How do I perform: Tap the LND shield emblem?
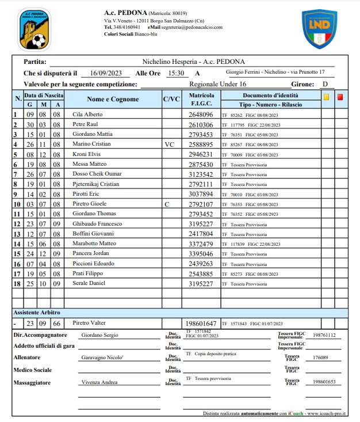tap(320, 29)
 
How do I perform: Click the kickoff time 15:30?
tap(176, 73)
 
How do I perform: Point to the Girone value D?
tap(325, 84)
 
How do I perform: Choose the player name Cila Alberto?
tap(87, 115)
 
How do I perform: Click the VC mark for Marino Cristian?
tap(169, 145)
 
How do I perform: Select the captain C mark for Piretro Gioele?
tap(167, 204)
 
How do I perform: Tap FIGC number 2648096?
tap(201, 115)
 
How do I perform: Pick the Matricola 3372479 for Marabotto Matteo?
tap(201, 244)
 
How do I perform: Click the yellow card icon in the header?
tap(327, 97)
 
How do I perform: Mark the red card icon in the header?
tap(340, 97)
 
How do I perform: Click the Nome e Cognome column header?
tap(113, 99)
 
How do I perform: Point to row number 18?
tap(17, 283)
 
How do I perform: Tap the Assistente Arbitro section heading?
tap(37, 312)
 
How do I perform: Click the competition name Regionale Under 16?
tap(214, 84)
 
